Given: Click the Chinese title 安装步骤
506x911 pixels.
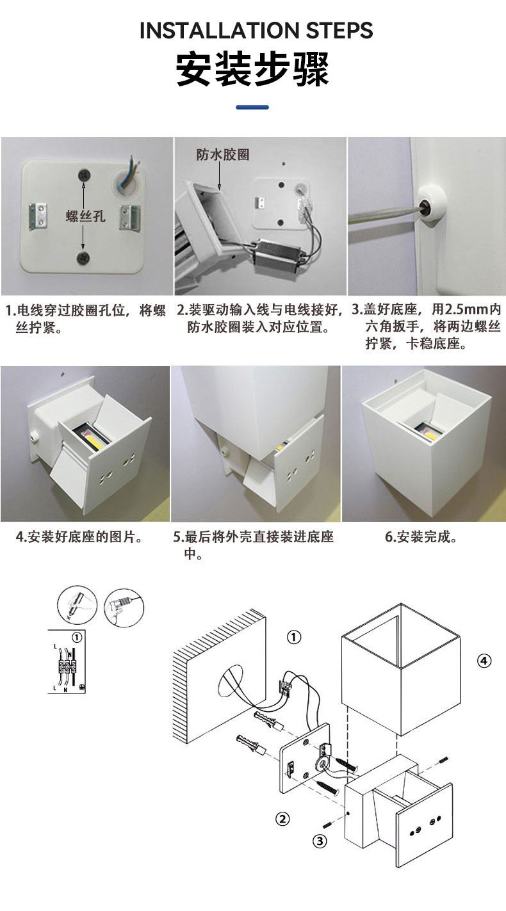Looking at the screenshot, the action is pos(253,70).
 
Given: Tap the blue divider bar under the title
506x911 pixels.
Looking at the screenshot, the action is pos(252,107).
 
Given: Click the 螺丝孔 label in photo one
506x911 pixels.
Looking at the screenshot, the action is pos(85,216).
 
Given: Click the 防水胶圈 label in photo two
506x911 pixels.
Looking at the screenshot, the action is pos(222,155).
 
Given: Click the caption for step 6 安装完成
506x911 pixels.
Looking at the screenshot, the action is pos(422,536).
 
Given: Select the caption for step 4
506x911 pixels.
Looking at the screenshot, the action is pos(79,536).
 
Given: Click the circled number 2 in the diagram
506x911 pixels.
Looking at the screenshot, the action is pos(282,818).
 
